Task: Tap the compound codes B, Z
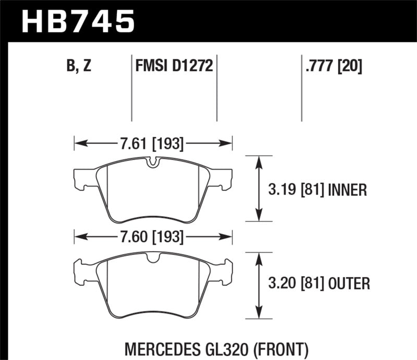click(78, 66)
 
